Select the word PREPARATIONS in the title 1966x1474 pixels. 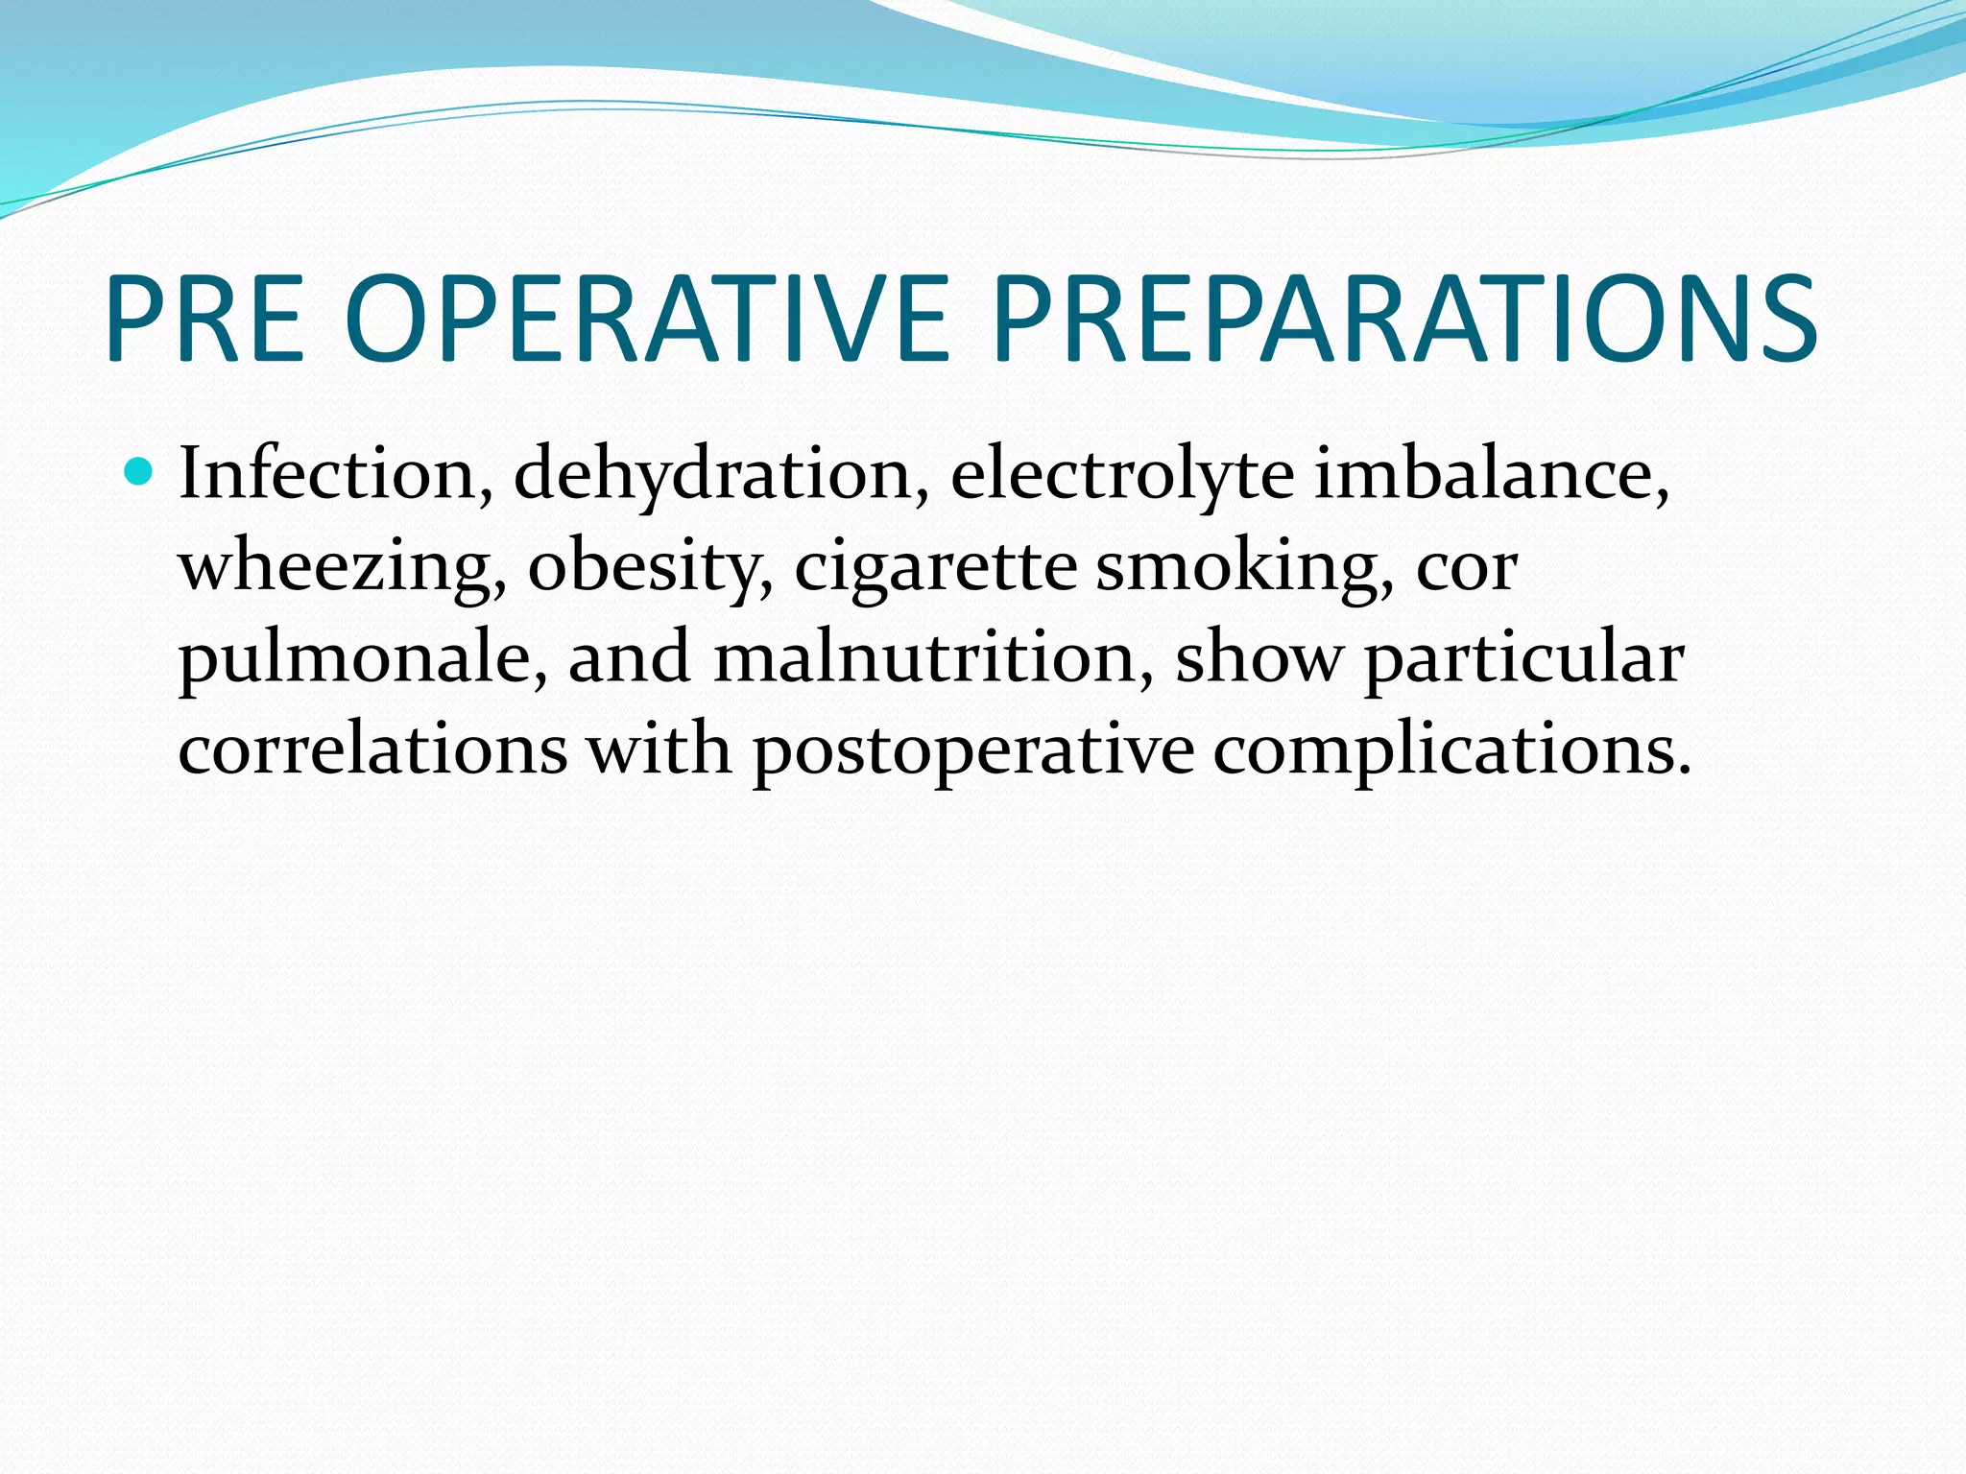(1403, 320)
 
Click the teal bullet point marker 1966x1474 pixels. (139, 472)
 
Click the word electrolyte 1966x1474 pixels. (1121, 474)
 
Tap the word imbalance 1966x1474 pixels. (1491, 474)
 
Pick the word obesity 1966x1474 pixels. (650, 566)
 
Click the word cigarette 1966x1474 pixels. (935, 566)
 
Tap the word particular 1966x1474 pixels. (1523, 658)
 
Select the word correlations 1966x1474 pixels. (373, 749)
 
